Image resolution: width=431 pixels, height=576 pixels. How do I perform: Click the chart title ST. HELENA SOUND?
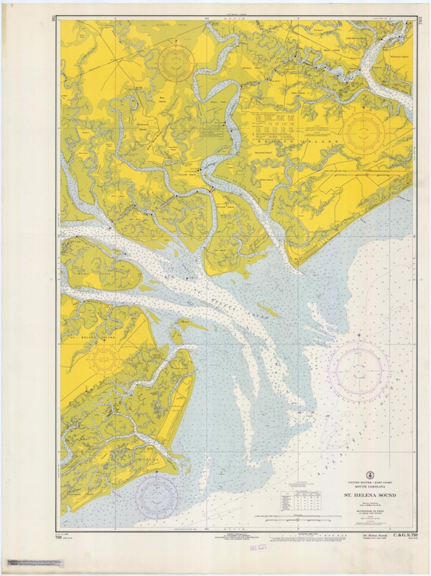[370, 496]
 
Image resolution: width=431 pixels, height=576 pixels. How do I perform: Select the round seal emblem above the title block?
[371, 475]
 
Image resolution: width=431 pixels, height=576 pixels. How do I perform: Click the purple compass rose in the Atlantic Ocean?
[359, 370]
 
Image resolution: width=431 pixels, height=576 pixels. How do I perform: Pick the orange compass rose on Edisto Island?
[365, 132]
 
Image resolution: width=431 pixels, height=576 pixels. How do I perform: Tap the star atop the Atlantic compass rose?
[359, 333]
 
